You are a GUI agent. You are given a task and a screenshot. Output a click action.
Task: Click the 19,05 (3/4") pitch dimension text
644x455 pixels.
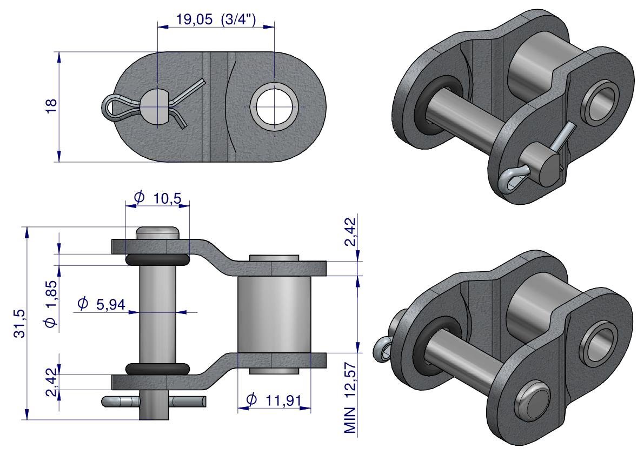(216, 19)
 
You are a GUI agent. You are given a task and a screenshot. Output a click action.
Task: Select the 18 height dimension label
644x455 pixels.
(51, 106)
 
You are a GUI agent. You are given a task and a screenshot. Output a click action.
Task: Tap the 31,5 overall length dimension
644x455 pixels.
(19, 323)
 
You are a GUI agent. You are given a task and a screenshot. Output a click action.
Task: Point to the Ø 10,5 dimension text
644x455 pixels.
(158, 198)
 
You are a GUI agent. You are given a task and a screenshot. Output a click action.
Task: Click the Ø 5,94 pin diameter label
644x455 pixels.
(101, 304)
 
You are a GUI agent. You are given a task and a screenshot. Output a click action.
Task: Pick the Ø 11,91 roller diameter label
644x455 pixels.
(274, 400)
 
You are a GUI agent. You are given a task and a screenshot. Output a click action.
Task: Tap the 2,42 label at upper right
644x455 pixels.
(350, 231)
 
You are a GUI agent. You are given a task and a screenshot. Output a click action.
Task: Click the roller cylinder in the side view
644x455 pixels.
(274, 315)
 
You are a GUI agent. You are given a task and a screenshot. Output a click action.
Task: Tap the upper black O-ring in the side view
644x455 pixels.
(158, 259)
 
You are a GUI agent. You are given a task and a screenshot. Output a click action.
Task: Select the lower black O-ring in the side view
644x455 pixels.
(158, 369)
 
